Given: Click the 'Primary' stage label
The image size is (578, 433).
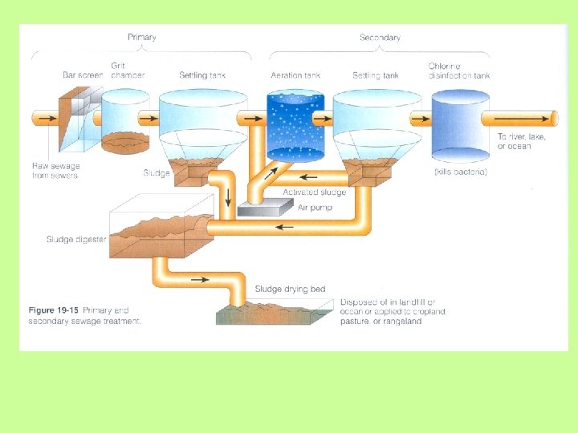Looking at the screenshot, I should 142,37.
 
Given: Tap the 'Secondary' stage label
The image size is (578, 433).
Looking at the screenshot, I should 380,37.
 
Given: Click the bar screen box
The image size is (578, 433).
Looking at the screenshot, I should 79,120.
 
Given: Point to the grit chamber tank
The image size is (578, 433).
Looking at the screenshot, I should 125,120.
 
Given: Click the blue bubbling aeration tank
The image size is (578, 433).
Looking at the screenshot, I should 295,124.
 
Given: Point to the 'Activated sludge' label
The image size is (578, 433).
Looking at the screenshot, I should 315,192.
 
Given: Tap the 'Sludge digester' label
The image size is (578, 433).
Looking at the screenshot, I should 76,239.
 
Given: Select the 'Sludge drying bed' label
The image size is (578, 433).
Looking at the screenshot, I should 290,289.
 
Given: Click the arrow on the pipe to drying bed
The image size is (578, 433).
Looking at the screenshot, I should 201,280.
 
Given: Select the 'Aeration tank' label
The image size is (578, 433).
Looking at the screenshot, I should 295,75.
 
